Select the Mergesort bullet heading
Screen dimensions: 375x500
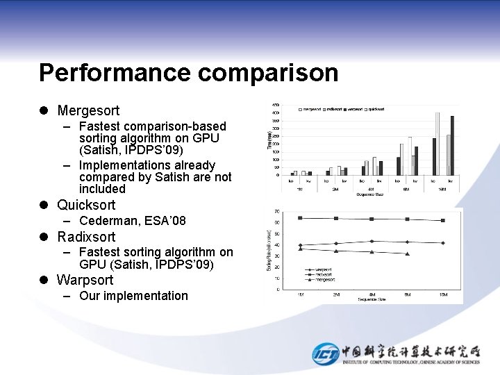88,110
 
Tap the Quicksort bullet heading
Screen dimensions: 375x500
86,205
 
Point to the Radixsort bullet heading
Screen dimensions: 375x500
86,237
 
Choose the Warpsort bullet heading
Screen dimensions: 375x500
85,281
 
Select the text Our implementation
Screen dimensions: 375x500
133,296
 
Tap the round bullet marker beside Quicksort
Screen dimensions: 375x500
44,205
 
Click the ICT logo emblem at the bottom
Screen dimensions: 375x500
325,353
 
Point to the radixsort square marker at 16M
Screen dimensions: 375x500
443,220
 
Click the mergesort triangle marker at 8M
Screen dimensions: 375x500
407,253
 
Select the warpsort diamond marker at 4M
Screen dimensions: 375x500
372,241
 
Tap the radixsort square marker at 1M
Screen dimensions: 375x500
300,218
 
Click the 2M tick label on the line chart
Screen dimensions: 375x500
336,295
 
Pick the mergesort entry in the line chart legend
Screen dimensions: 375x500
322,280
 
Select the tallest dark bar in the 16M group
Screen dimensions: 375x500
452,145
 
